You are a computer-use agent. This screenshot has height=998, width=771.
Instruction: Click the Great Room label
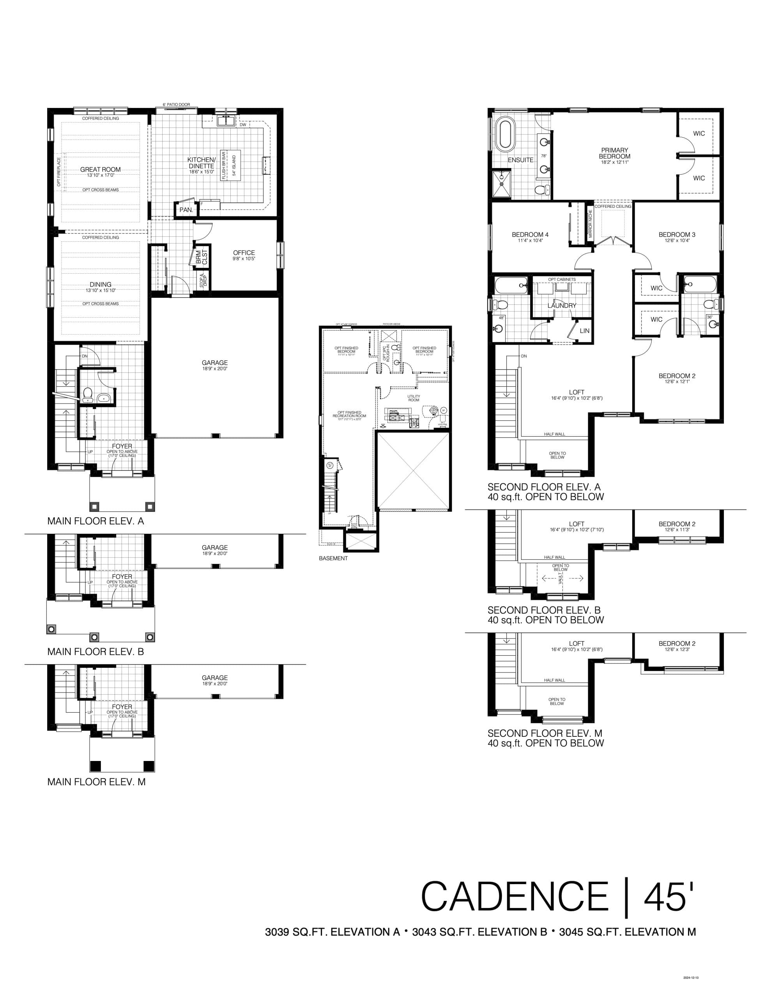tap(101, 169)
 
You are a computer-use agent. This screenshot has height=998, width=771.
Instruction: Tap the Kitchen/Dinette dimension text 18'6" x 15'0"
tap(201, 172)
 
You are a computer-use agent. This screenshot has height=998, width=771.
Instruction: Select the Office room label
tap(244, 253)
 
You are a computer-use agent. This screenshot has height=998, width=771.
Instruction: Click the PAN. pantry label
tap(186, 210)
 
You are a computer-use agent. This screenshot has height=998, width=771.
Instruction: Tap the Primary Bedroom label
tap(614, 153)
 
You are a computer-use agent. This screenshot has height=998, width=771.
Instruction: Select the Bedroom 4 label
tap(530, 234)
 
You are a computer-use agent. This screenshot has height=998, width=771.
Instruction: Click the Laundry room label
tap(562, 305)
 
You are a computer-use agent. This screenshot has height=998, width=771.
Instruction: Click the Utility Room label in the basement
tap(414, 398)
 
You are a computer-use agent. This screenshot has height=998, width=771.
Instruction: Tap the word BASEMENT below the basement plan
tap(333, 558)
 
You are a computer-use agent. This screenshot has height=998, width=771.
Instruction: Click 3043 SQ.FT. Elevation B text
tap(479, 932)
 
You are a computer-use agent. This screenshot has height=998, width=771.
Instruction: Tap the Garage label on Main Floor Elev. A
tap(214, 363)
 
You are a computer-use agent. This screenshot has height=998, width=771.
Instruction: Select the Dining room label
tap(101, 284)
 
